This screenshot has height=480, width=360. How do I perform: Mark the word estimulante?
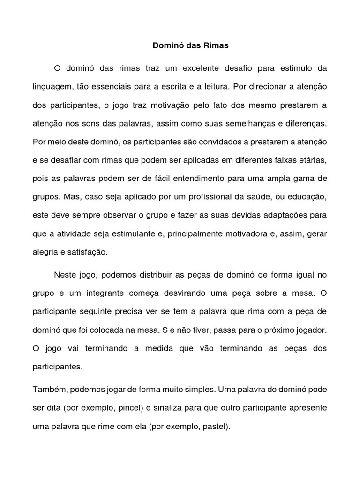tap(140, 233)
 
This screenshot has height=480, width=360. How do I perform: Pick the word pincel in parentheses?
tap(129, 408)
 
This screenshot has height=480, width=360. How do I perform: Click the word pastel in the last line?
tap(215, 427)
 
